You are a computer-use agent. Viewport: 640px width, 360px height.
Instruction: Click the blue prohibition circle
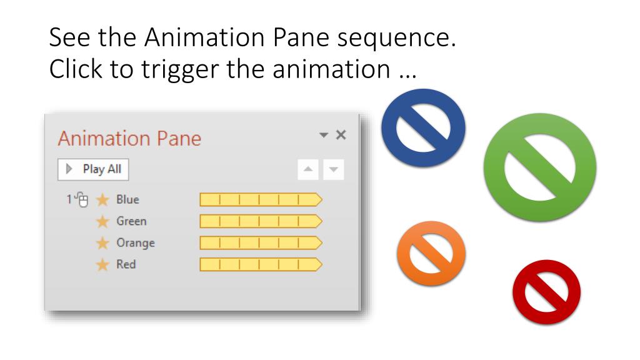(424, 128)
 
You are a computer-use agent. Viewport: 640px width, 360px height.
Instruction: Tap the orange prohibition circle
(431, 253)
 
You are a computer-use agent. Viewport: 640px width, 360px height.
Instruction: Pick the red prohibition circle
(546, 292)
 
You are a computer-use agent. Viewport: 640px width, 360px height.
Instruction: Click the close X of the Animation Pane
(341, 135)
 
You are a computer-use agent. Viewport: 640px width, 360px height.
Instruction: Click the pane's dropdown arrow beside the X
(323, 136)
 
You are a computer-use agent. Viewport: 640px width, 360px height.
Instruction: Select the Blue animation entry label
(127, 200)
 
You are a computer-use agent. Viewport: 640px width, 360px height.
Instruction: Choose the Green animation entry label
(131, 221)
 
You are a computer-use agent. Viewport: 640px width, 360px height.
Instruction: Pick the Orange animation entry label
(135, 242)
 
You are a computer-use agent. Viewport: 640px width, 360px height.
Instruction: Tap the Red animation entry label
(126, 264)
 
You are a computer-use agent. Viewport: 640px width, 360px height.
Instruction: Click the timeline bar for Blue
(260, 200)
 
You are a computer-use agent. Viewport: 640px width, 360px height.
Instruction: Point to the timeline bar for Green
(260, 221)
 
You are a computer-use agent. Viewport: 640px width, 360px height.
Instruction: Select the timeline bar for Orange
(260, 242)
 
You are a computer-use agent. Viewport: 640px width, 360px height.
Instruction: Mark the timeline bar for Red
(260, 264)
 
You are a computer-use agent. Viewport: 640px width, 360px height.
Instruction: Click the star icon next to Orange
(102, 243)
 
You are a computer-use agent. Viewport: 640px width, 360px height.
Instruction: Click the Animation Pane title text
(129, 138)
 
